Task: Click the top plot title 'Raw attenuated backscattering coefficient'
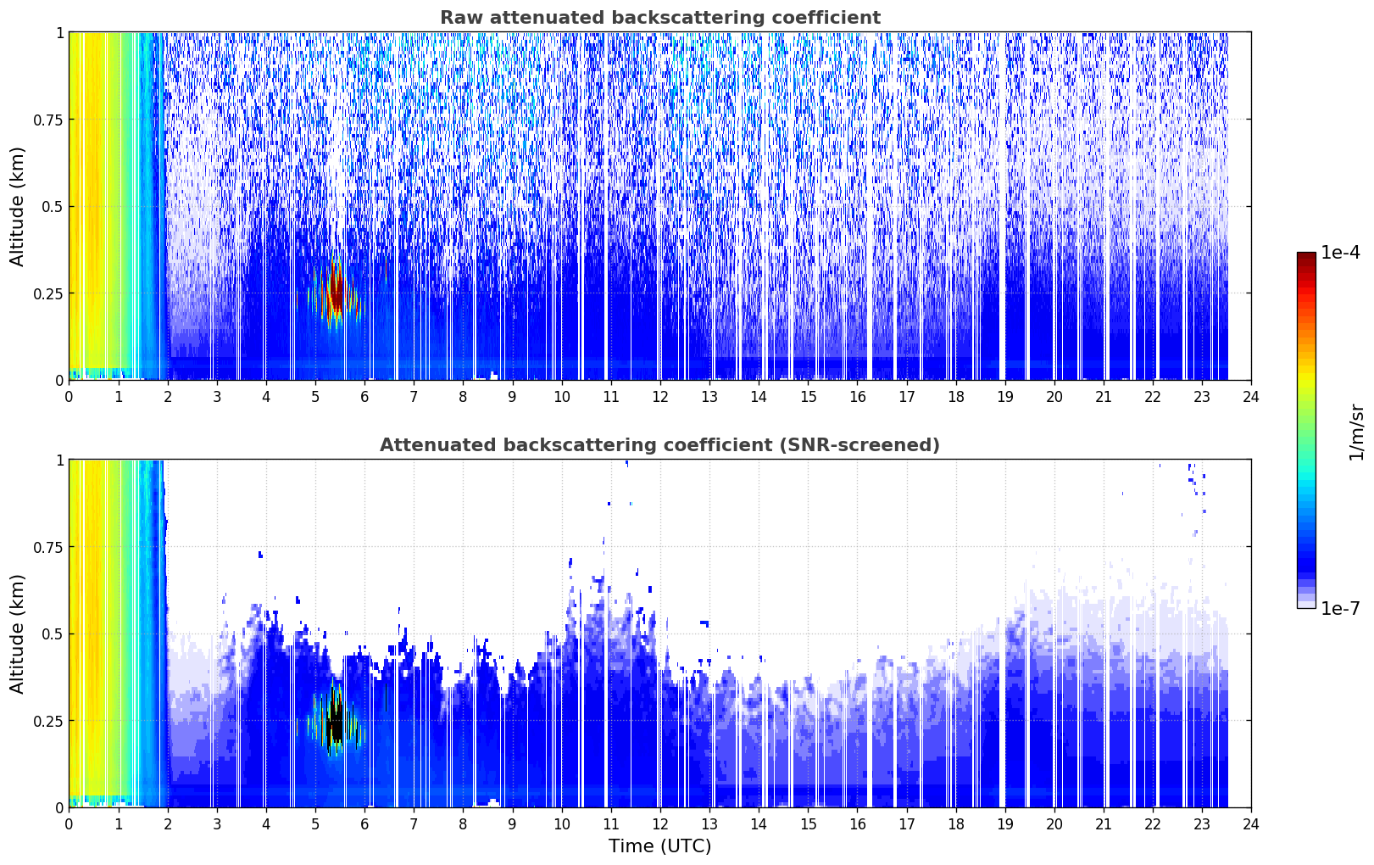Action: [x=660, y=17]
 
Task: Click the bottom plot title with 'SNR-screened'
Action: [x=660, y=444]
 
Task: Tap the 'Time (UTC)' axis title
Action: [x=660, y=846]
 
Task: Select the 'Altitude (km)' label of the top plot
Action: [x=17, y=207]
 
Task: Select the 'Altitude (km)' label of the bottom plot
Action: [x=17, y=634]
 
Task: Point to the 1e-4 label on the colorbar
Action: [x=1339, y=252]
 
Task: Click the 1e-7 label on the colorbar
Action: [x=1339, y=609]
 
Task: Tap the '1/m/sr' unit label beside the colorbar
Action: [x=1356, y=432]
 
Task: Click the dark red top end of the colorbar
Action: [x=1306, y=256]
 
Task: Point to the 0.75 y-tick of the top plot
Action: [x=47, y=120]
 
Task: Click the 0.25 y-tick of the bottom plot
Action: [x=47, y=721]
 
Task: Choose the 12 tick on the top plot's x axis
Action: [x=660, y=397]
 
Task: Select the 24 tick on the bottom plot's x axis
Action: [x=1251, y=824]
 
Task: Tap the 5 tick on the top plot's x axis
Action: [x=315, y=397]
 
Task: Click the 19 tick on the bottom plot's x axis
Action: [x=1004, y=824]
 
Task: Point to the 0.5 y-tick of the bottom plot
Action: [x=53, y=633]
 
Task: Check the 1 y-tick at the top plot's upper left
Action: [x=60, y=33]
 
